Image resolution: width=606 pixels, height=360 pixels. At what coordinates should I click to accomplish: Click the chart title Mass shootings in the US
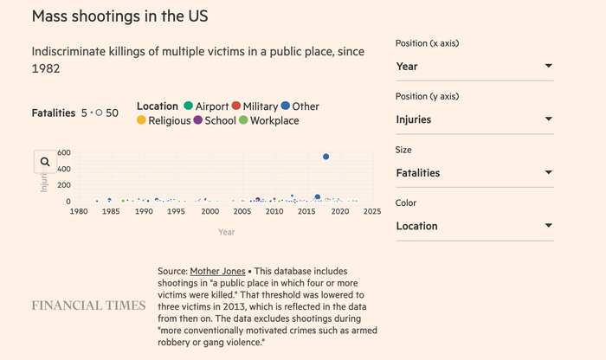pos(119,17)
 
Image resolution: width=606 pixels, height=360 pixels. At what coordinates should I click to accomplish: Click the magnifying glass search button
pos(45,162)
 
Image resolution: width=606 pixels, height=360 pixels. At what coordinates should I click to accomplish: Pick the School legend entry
pos(217,121)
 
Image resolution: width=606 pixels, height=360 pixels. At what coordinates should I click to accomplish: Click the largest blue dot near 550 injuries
pos(326,157)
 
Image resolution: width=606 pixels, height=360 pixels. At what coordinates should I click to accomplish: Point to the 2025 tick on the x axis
pos(372,211)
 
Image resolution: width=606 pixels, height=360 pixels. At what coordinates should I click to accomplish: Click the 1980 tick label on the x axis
pos(78,211)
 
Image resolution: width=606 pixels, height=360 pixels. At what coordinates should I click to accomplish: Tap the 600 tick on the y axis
pos(63,152)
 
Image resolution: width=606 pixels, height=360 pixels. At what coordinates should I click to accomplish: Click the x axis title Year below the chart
pos(226,232)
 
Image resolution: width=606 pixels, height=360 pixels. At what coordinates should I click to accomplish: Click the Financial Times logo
pos(88,305)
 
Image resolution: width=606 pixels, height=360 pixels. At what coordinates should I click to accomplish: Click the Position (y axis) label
pos(427,96)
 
